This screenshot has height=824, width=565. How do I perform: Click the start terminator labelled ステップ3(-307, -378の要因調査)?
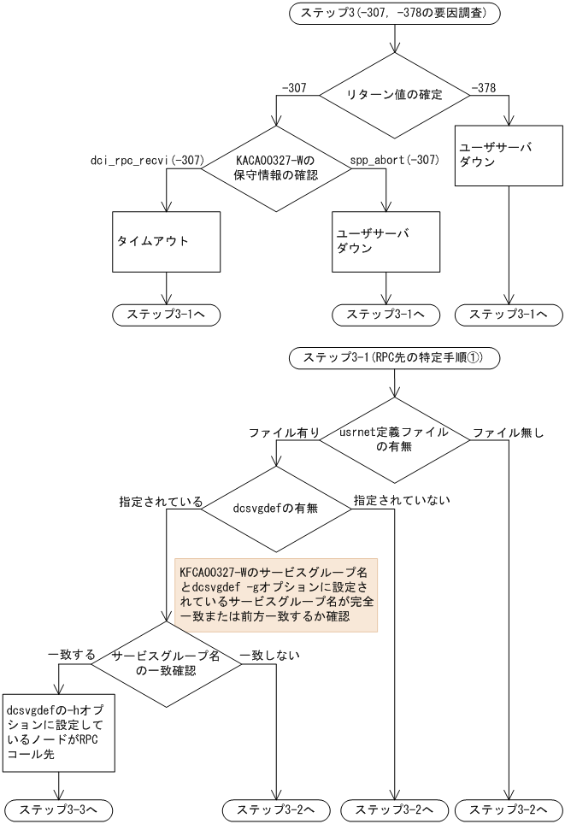394,14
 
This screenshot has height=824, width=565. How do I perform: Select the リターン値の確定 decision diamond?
394,95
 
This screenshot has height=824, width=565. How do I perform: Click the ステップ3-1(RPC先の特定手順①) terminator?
393,359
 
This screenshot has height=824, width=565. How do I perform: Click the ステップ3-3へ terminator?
56,808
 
